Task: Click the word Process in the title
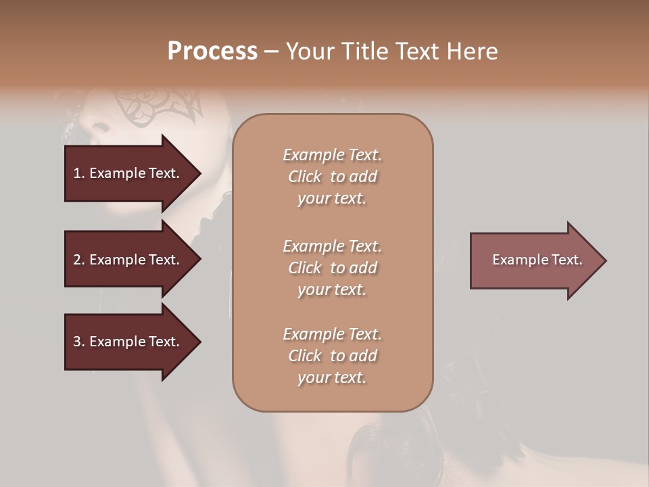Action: click(x=212, y=51)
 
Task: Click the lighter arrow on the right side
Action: click(x=534, y=260)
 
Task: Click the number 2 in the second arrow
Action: click(x=77, y=260)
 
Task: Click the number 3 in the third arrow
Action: click(x=77, y=342)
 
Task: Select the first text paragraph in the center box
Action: click(x=332, y=177)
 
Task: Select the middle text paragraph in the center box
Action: click(x=332, y=268)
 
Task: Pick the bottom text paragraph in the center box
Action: click(x=332, y=356)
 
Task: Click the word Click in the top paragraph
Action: click(x=304, y=177)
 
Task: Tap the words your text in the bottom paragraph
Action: click(x=332, y=377)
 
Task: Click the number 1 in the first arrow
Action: click(x=76, y=173)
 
